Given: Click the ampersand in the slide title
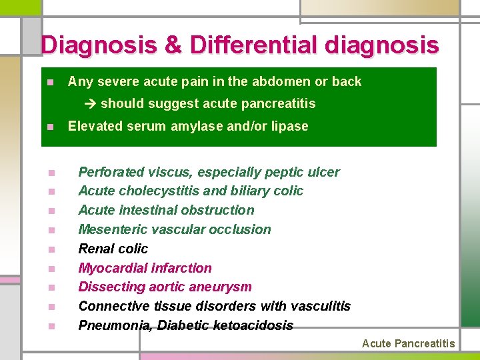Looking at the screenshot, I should [x=172, y=45].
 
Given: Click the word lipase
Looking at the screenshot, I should [x=289, y=127].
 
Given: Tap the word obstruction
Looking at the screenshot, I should [x=218, y=211].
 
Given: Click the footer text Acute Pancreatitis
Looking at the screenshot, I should [x=408, y=344].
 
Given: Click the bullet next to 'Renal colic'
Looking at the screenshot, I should [x=51, y=250].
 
